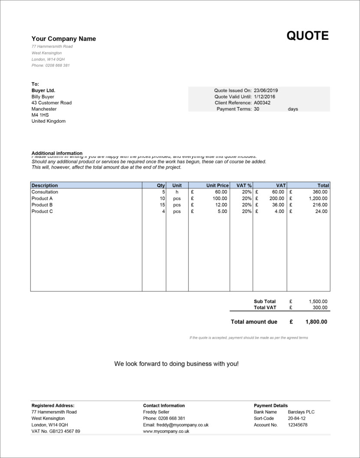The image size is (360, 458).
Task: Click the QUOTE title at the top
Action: (308, 36)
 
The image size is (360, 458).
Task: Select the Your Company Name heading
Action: (64, 39)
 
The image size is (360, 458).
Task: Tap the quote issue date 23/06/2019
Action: (265, 91)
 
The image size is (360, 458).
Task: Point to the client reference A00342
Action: (262, 103)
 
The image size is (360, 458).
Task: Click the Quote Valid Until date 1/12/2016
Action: (264, 97)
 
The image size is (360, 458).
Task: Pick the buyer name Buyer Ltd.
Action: (43, 91)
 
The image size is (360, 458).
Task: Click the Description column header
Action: (45, 186)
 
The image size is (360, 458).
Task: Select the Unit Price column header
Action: (217, 186)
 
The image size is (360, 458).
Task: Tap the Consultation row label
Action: (45, 192)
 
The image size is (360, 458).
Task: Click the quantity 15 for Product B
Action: (162, 205)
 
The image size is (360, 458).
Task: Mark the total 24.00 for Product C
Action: (321, 211)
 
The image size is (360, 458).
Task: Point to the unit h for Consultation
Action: (177, 192)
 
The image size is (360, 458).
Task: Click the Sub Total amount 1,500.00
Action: (318, 301)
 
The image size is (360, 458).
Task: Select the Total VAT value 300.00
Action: (320, 308)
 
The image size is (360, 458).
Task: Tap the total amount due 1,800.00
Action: (316, 322)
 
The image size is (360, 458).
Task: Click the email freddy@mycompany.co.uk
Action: (176, 425)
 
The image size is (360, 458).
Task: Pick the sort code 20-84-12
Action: (297, 419)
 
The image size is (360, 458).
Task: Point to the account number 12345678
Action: (298, 425)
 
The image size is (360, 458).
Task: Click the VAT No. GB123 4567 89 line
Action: (56, 432)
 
